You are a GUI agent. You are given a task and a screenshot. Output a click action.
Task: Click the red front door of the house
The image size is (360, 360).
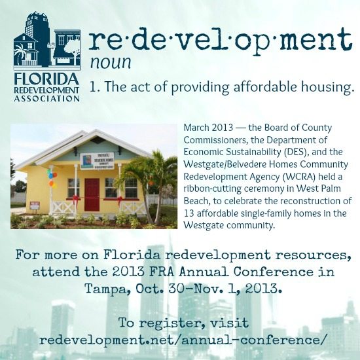[x=92, y=194]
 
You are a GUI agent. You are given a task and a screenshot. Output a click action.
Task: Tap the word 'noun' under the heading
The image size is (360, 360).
[x=111, y=62]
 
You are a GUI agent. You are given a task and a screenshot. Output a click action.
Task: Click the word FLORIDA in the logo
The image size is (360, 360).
[x=46, y=79]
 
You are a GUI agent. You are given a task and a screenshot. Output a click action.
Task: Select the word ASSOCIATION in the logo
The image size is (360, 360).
[x=47, y=99]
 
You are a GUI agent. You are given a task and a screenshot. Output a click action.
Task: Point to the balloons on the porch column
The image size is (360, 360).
[x=52, y=179]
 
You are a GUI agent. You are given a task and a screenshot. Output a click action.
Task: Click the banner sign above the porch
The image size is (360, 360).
[x=97, y=161]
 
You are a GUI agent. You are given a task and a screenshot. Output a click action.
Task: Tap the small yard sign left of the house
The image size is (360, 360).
[x=35, y=205]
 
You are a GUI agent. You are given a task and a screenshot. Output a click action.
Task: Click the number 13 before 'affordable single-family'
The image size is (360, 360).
[x=189, y=213]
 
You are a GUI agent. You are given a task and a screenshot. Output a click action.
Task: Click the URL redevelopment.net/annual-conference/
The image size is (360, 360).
[x=183, y=340]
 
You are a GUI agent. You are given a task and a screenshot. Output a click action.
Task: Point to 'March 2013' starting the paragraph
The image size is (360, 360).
[x=208, y=127]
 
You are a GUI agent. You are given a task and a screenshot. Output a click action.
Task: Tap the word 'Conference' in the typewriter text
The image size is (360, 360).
[x=274, y=272]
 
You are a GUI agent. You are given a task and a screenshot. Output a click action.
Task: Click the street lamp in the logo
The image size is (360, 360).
[x=51, y=53]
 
